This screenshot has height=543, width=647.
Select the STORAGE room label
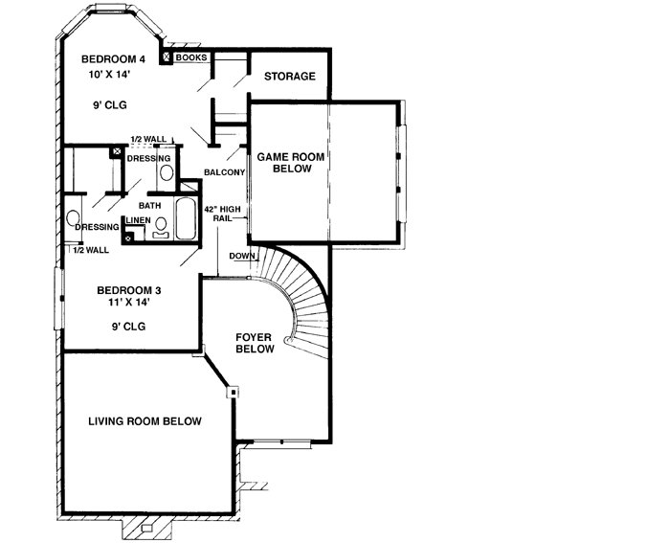(289, 77)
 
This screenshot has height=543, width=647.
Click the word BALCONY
(225, 172)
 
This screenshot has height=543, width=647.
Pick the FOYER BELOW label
(257, 344)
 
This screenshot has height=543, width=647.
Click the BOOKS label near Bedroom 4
(190, 57)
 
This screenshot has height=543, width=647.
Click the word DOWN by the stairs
(241, 256)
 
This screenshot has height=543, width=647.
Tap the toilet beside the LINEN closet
(160, 226)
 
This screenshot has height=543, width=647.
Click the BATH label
(150, 205)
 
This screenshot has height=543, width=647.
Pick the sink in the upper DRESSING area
(165, 172)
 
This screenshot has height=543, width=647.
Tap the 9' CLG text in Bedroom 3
(129, 326)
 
